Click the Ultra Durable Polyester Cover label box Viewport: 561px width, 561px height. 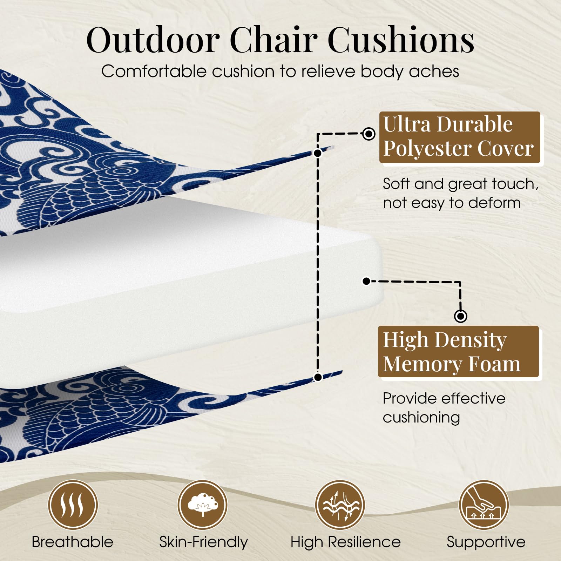(x=460, y=137)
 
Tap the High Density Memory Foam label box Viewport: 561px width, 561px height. (x=458, y=352)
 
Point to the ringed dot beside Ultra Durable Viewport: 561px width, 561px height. (x=369, y=134)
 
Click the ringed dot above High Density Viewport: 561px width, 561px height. (x=460, y=316)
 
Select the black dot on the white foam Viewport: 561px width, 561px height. (x=366, y=281)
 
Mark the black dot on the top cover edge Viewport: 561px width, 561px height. (x=318, y=153)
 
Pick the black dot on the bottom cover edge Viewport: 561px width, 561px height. (x=318, y=377)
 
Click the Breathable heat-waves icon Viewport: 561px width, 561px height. (x=73, y=505)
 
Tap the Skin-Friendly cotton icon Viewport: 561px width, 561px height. (x=202, y=505)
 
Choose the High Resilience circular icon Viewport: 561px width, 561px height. (x=340, y=505)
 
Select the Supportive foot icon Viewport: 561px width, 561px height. (x=484, y=505)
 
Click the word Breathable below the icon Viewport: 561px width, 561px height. (x=73, y=542)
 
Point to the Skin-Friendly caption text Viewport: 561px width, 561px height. (x=203, y=542)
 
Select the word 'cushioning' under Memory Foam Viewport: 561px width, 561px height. (x=421, y=418)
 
